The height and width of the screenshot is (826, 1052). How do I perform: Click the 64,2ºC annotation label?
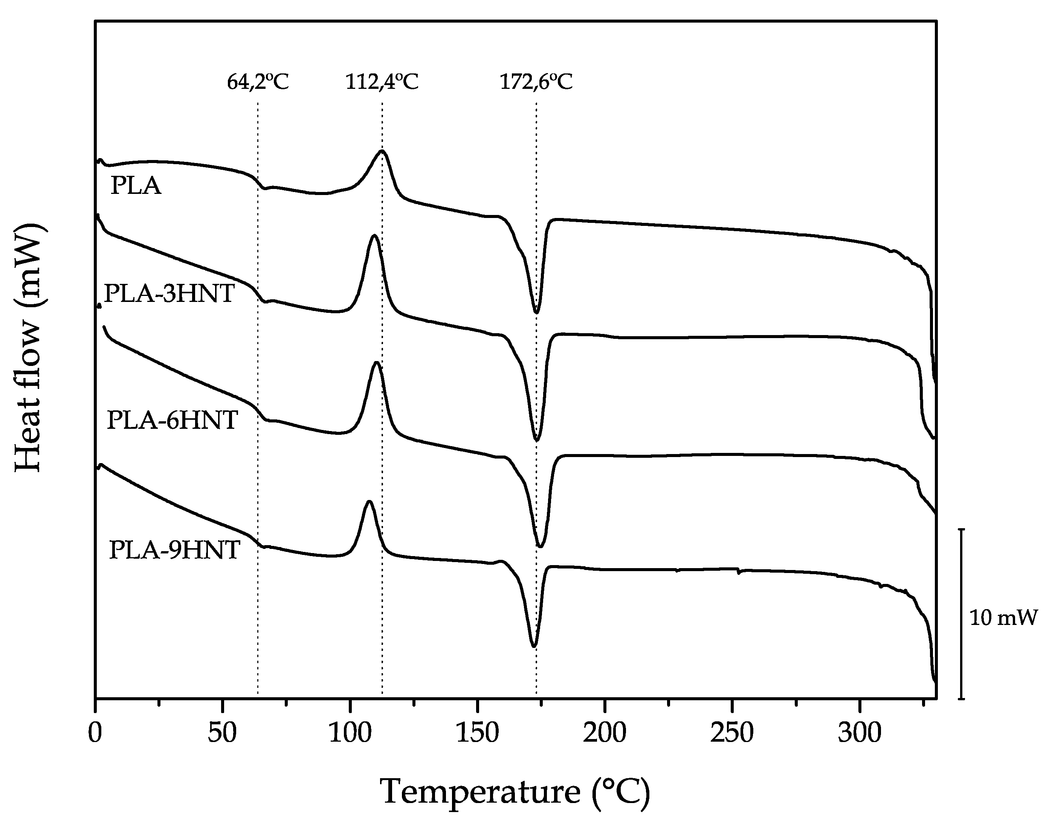pos(258,82)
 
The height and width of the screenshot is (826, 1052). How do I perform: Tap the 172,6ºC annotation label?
pos(536,82)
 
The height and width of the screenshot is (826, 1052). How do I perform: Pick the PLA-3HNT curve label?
pos(169,294)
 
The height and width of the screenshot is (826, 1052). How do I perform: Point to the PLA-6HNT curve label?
pos(172,420)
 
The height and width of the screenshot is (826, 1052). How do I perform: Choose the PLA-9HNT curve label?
pos(174,550)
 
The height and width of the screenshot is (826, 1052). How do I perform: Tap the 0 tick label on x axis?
pos(95,733)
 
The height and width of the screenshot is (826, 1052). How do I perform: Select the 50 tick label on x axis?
pos(222,733)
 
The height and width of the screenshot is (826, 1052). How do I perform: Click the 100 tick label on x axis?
pos(350,733)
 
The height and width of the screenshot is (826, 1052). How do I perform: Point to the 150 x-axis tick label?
pos(477,733)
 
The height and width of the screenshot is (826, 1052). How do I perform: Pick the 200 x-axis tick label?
pos(605,733)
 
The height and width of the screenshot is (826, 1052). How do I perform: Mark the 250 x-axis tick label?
pos(732,733)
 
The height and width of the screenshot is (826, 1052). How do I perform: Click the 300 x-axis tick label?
pos(860,733)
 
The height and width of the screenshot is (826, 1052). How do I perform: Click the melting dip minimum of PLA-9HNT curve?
pos(533,646)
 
